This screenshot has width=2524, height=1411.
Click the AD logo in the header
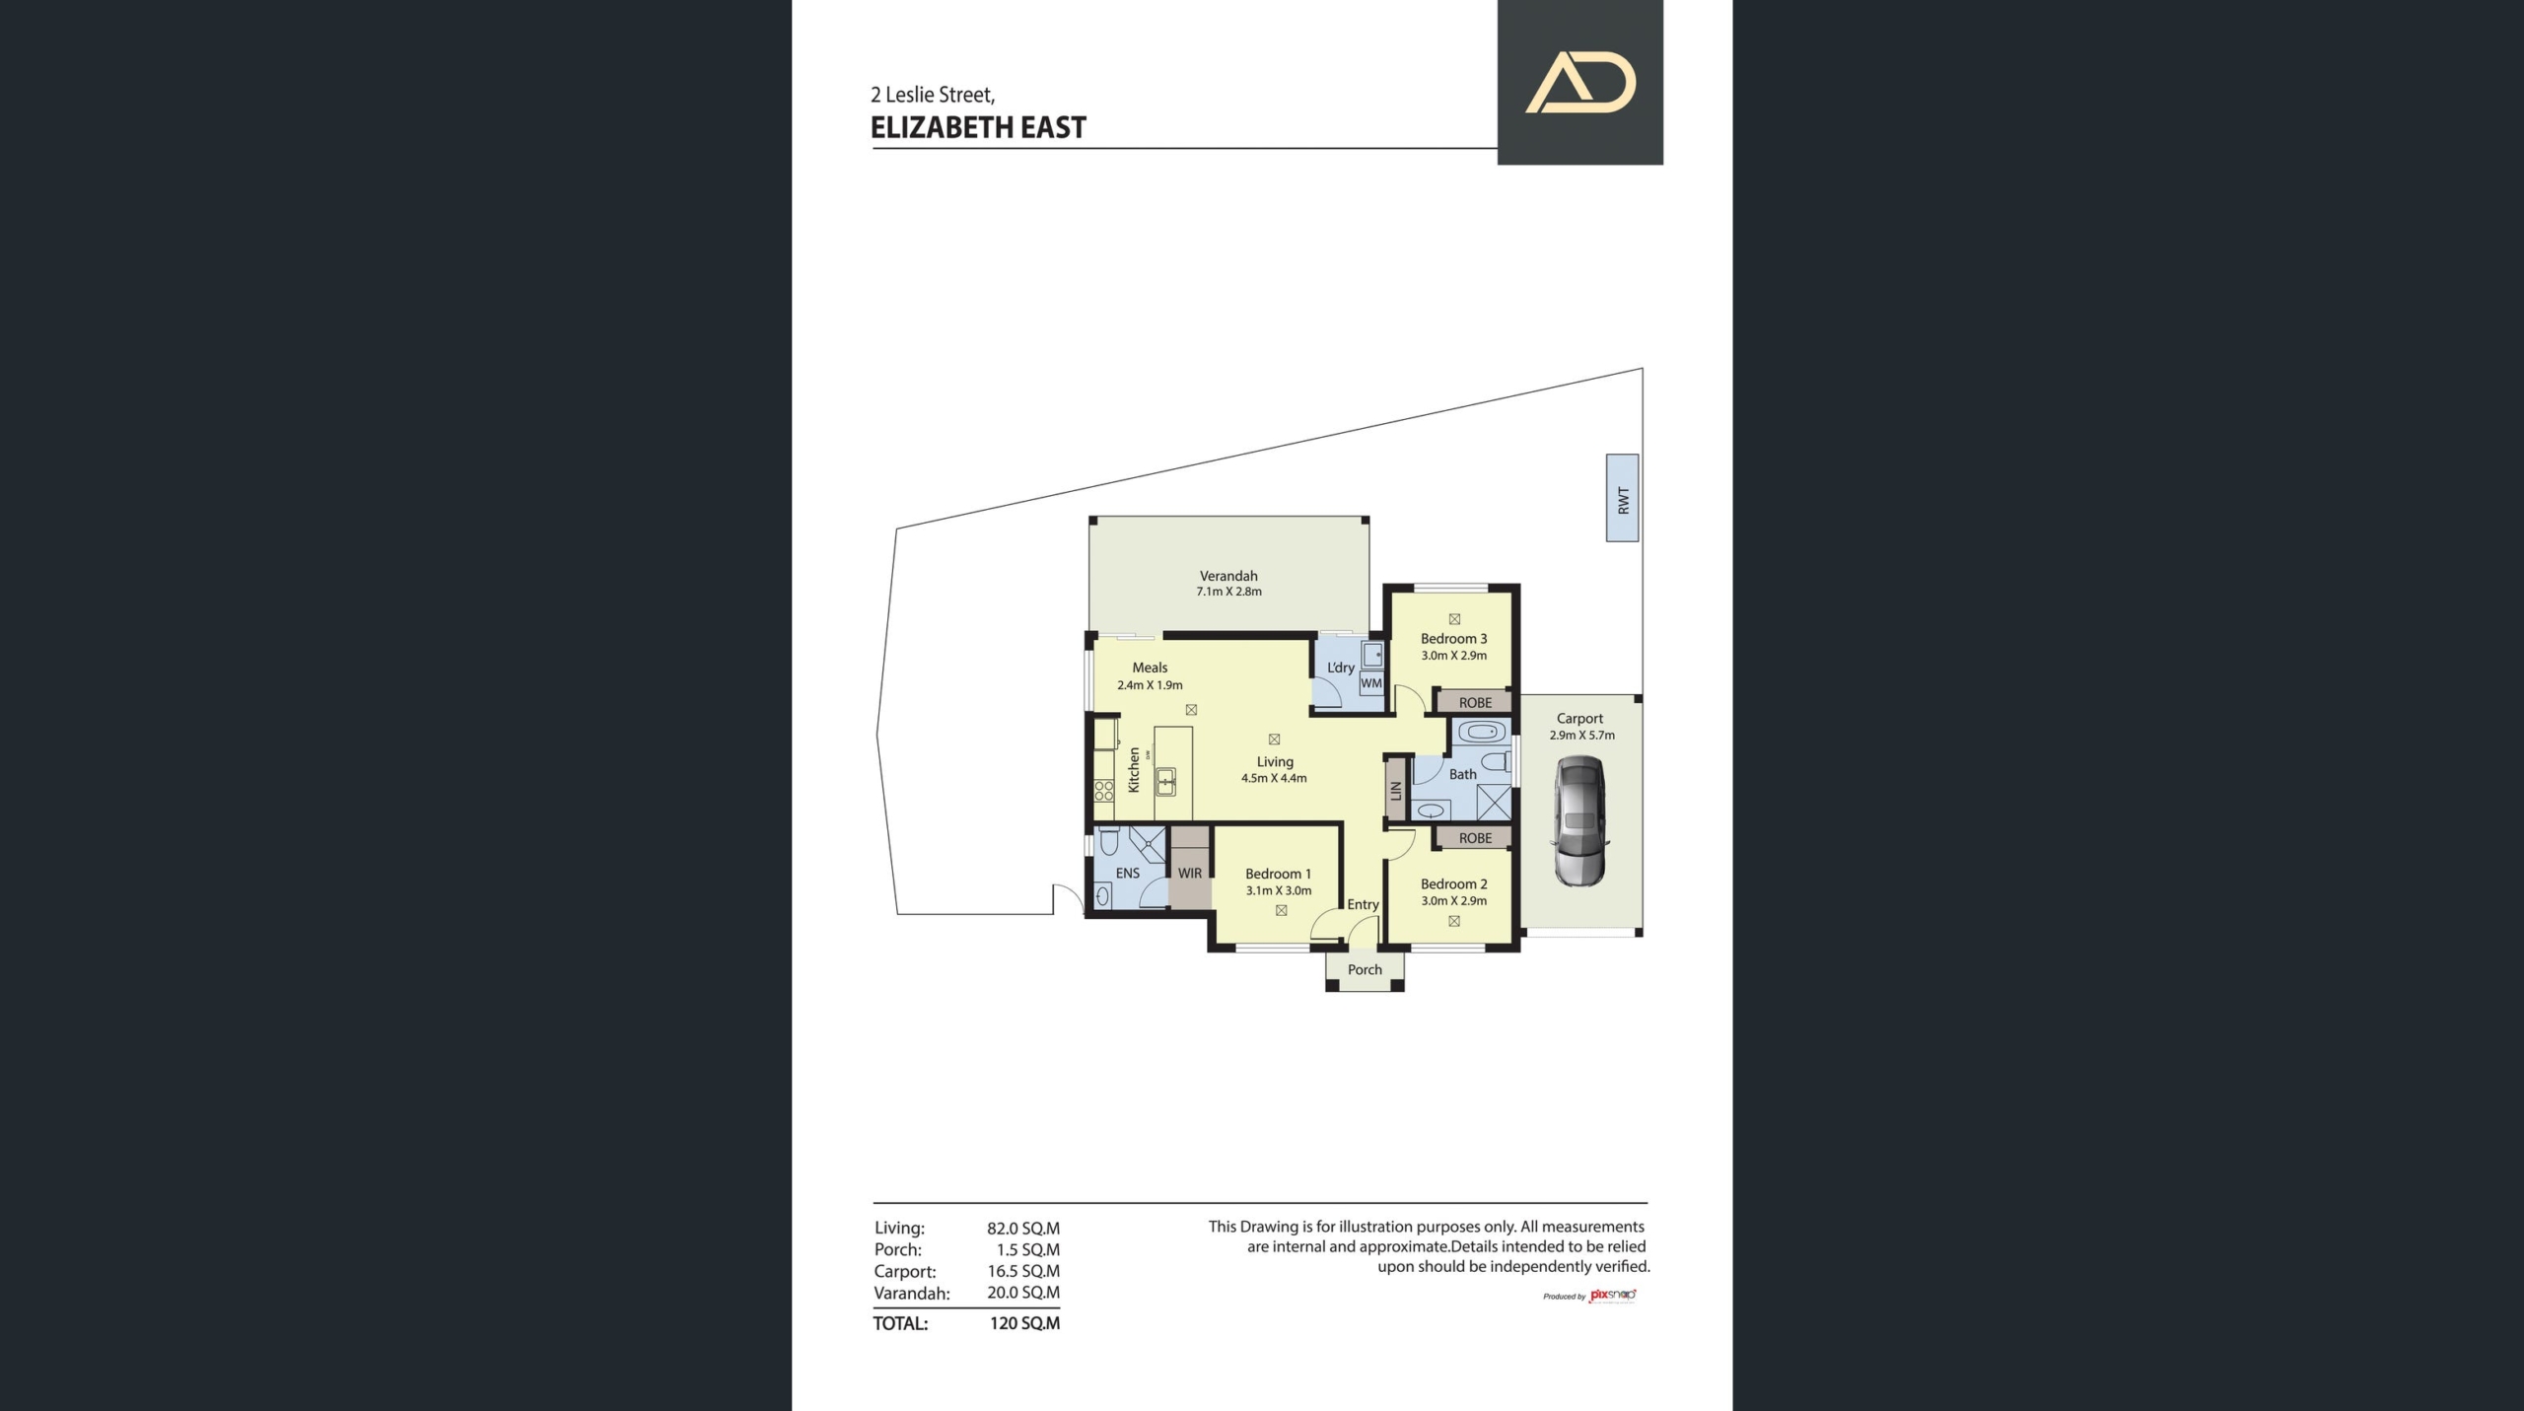[1580, 82]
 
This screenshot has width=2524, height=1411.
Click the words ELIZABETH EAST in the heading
[978, 128]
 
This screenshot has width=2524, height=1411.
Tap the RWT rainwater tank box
[1622, 498]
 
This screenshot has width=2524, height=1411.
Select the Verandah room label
[1228, 576]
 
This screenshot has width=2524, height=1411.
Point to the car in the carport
[1579, 820]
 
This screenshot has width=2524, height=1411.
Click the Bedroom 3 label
[1453, 639]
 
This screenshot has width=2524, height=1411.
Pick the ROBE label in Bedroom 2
[1475, 838]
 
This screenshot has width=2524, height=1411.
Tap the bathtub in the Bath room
[1481, 732]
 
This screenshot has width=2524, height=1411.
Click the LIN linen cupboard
[1395, 790]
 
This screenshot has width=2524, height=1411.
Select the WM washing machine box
[1371, 683]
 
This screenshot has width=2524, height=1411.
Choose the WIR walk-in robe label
[1190, 874]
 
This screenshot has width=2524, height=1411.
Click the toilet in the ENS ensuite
[1109, 841]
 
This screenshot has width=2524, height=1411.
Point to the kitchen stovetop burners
[1104, 790]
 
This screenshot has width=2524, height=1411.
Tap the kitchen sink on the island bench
[1166, 782]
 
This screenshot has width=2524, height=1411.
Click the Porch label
[1365, 970]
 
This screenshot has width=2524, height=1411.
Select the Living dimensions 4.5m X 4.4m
[1274, 779]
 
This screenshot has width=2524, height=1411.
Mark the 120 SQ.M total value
[1024, 1323]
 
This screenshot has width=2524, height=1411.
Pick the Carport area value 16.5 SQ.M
[1023, 1271]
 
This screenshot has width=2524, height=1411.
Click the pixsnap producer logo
[1613, 1295]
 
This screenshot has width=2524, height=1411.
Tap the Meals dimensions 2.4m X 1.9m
[1150, 685]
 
